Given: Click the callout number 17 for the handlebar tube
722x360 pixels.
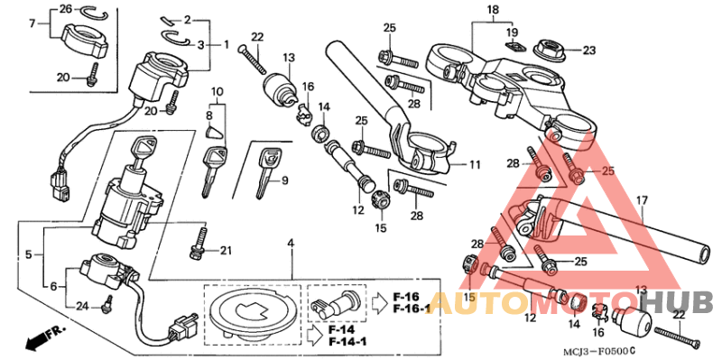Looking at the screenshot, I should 642,200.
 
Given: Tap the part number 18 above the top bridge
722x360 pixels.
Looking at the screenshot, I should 493,10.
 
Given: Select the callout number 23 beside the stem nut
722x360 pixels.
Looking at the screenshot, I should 589,51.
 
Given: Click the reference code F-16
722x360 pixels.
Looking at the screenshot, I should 406,296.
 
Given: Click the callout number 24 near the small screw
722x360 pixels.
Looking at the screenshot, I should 80,306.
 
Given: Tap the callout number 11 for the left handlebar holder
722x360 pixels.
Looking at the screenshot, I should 476,165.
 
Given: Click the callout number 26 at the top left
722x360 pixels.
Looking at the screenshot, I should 65,9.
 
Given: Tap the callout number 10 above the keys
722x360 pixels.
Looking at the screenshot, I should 217,91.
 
